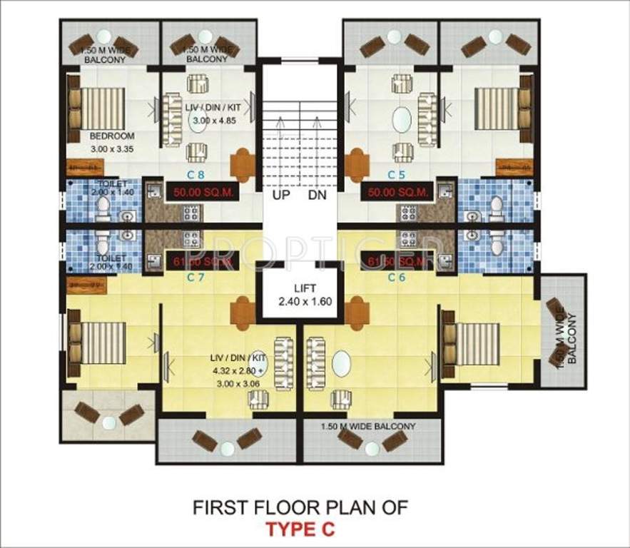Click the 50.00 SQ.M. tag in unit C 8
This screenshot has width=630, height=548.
pyautogui.click(x=199, y=191)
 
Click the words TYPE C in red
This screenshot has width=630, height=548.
pyautogui.click(x=299, y=529)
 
